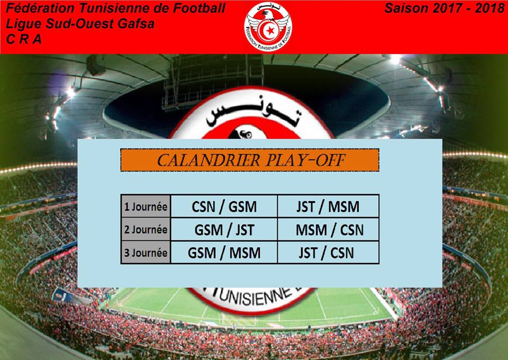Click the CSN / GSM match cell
[224, 206]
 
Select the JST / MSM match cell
[328, 206]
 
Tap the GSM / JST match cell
[224, 229]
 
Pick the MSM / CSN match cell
[328, 229]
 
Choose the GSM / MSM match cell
[224, 253]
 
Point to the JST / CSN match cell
[328, 253]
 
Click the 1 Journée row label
[146, 206]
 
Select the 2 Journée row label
[146, 229]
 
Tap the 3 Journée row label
[146, 253]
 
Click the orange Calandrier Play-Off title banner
[249, 160]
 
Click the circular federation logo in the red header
[268, 26]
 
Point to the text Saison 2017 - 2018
[444, 8]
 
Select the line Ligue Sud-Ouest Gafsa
[80, 24]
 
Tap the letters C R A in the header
[24, 39]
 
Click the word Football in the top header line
[199, 8]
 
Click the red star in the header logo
[270, 31]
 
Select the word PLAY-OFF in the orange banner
[305, 160]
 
